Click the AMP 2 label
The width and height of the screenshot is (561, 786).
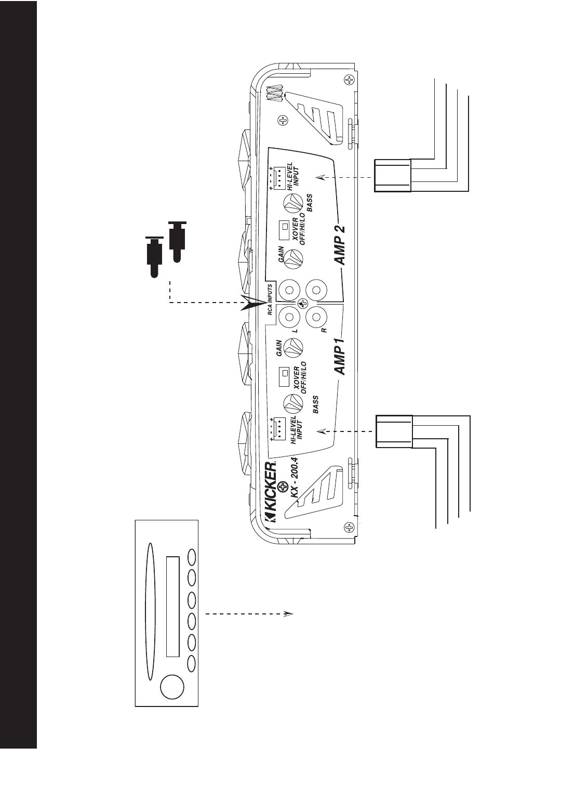point(340,245)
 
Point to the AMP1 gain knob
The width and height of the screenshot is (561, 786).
point(293,347)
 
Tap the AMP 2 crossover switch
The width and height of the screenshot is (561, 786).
point(284,227)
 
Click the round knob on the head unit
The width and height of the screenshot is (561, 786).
point(171,686)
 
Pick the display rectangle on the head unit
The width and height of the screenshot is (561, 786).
point(172,607)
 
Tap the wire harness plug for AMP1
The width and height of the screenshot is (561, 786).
point(394,431)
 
